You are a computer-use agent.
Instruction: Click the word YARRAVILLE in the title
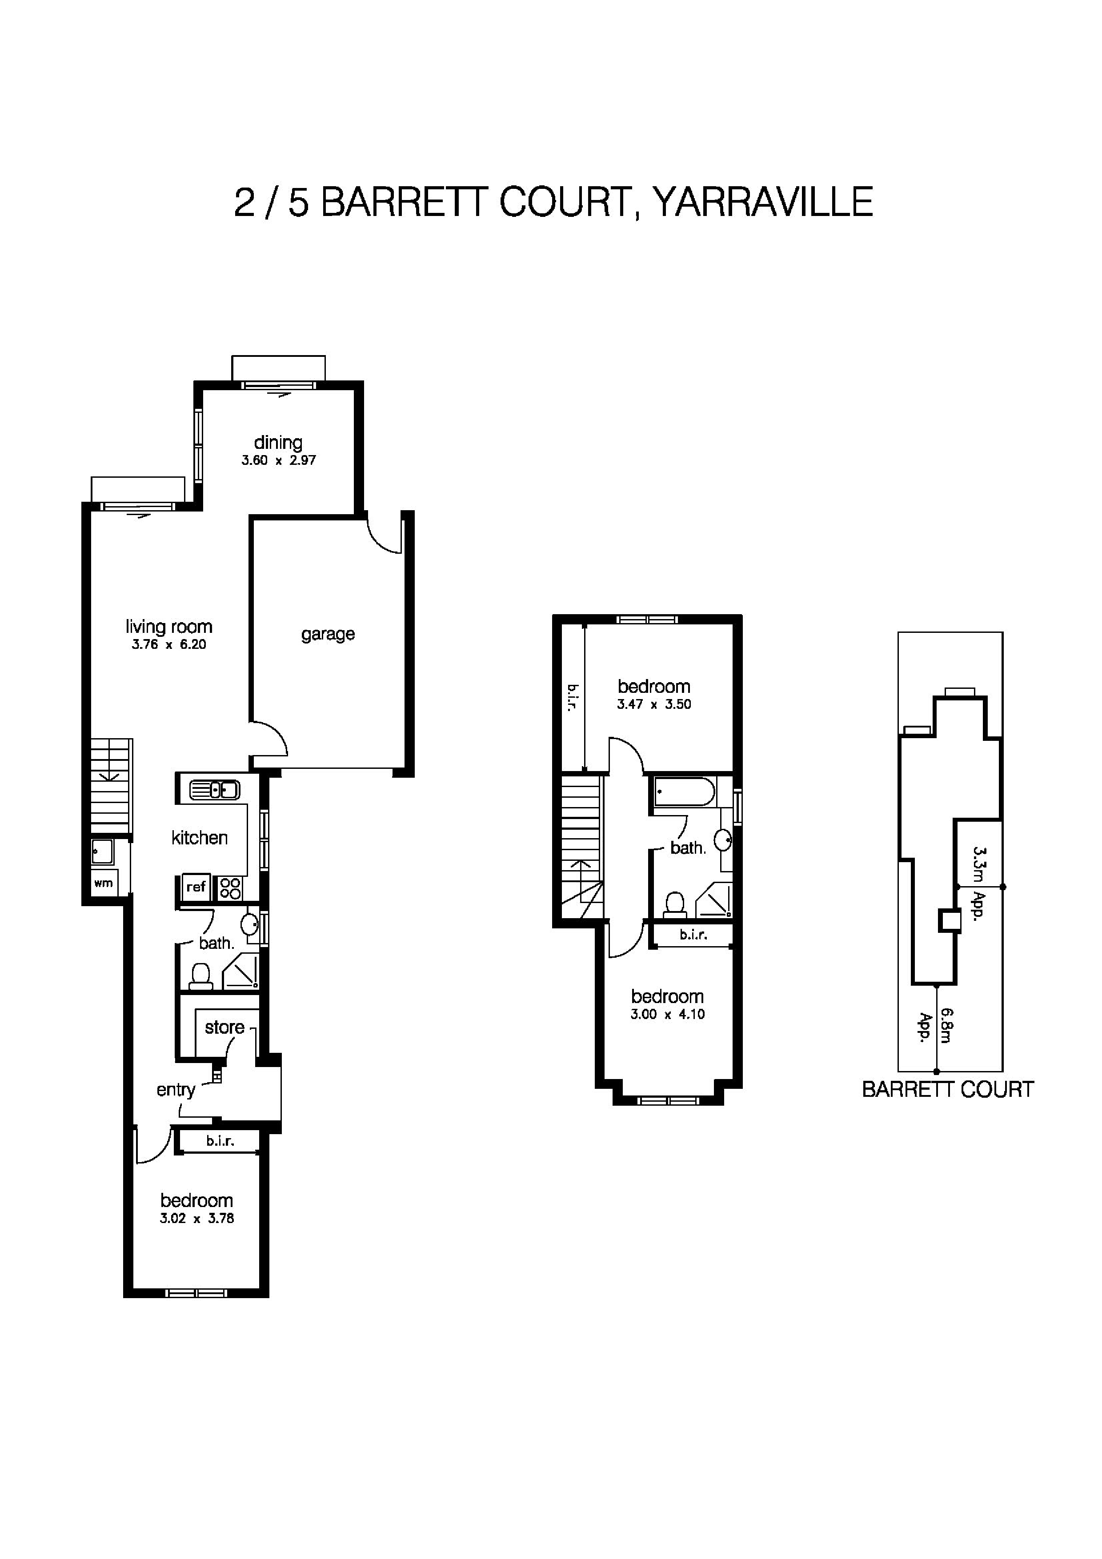click(762, 202)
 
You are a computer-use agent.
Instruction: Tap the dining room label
click(278, 443)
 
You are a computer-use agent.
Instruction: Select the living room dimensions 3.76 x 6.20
click(168, 644)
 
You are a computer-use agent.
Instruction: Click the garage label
click(328, 634)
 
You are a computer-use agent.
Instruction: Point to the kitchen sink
click(215, 790)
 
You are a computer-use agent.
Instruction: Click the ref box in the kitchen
click(196, 887)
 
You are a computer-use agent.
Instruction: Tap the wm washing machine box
click(103, 883)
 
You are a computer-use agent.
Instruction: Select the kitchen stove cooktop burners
click(230, 888)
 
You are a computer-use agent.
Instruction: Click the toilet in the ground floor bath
click(200, 976)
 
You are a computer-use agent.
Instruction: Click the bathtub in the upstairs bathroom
click(684, 792)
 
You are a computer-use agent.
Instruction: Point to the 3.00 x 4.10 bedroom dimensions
click(667, 1015)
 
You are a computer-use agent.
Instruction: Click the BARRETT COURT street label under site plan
click(947, 1089)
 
